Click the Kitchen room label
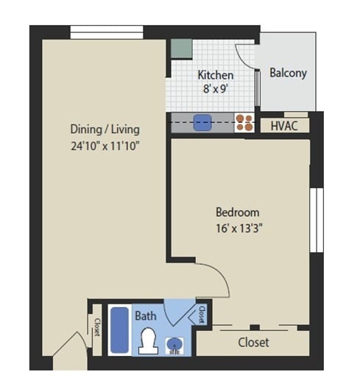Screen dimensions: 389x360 (x=215, y=75)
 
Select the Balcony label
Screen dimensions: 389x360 (x=288, y=73)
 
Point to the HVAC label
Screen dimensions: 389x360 (x=284, y=125)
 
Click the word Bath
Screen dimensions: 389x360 (x=145, y=315)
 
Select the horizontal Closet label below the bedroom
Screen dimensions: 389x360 (x=253, y=342)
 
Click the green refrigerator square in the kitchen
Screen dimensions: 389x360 (x=181, y=47)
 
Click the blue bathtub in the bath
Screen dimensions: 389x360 (x=120, y=331)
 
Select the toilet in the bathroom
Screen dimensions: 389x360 (x=148, y=339)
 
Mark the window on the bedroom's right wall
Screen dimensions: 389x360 (x=316, y=219)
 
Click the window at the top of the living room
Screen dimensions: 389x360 (x=107, y=32)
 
